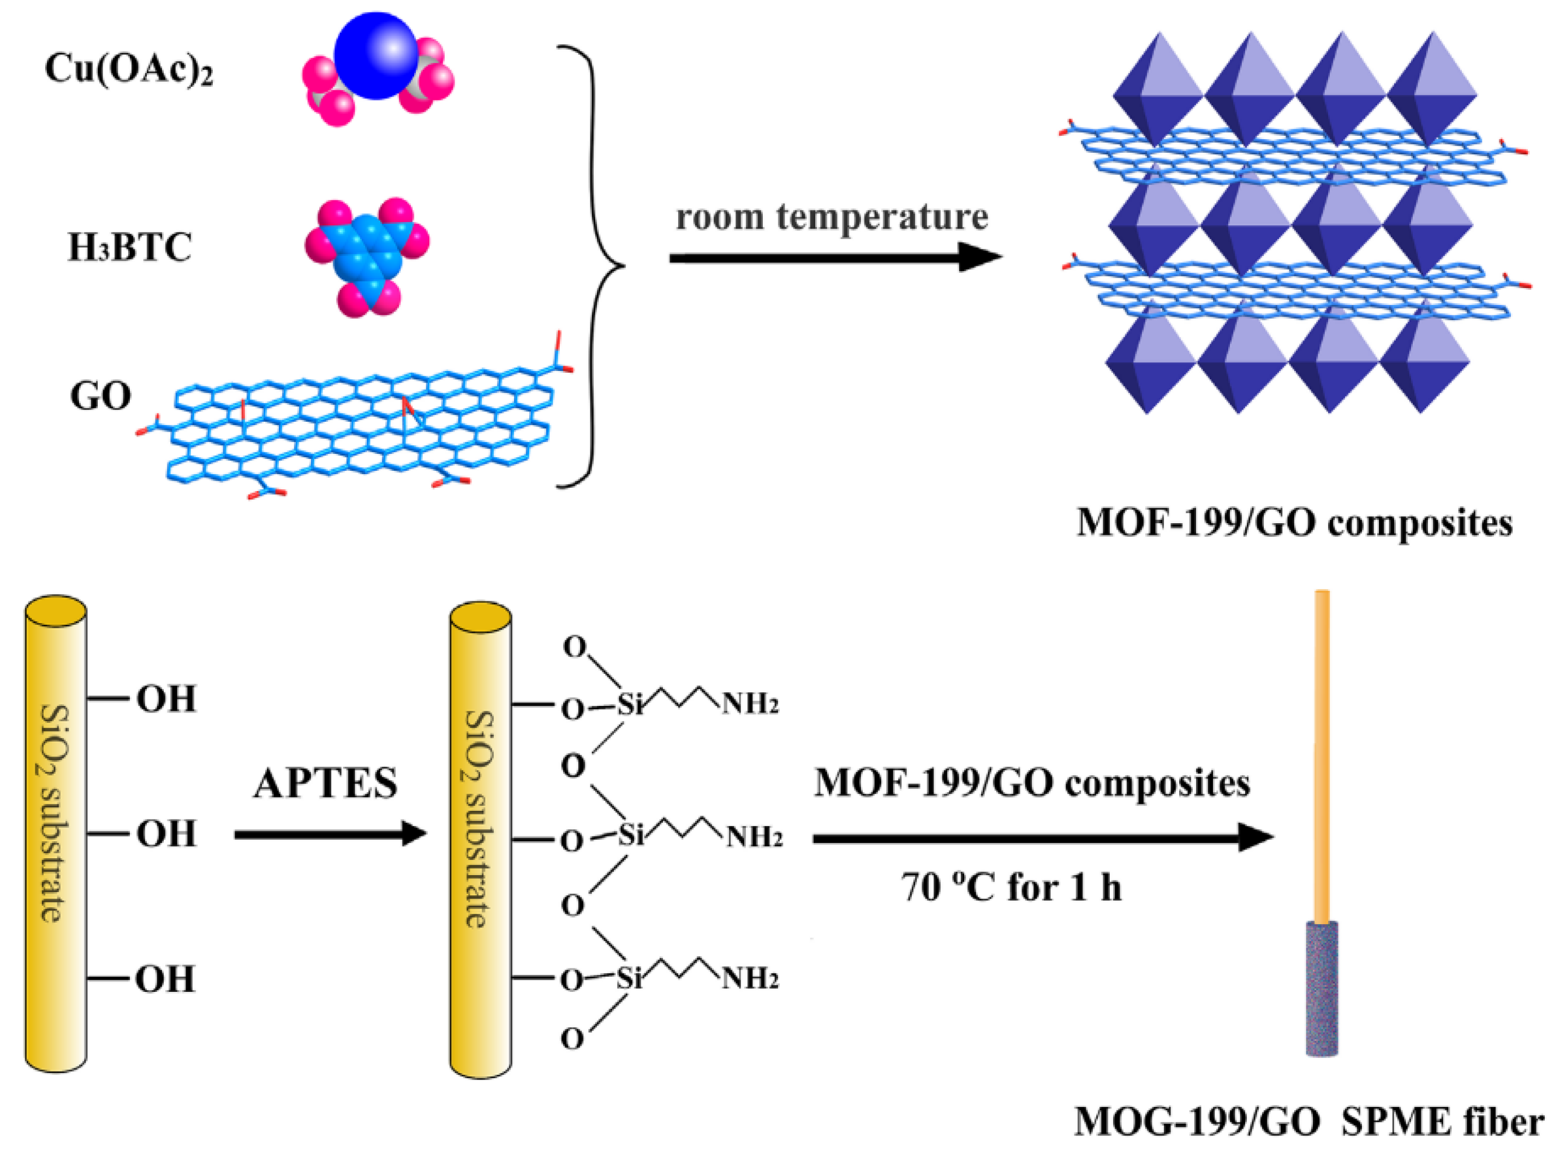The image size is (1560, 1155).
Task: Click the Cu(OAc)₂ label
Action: click(129, 70)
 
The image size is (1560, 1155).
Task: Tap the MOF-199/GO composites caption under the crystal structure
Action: click(1294, 523)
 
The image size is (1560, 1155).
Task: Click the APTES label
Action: click(325, 783)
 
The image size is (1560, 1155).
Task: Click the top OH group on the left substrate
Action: click(166, 698)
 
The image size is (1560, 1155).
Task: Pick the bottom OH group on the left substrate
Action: click(164, 979)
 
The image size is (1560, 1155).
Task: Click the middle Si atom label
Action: click(630, 835)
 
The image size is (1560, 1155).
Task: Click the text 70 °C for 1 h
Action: click(1011, 888)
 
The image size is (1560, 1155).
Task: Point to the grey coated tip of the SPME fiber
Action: click(1322, 989)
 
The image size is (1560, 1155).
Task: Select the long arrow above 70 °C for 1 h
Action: click(1042, 837)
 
